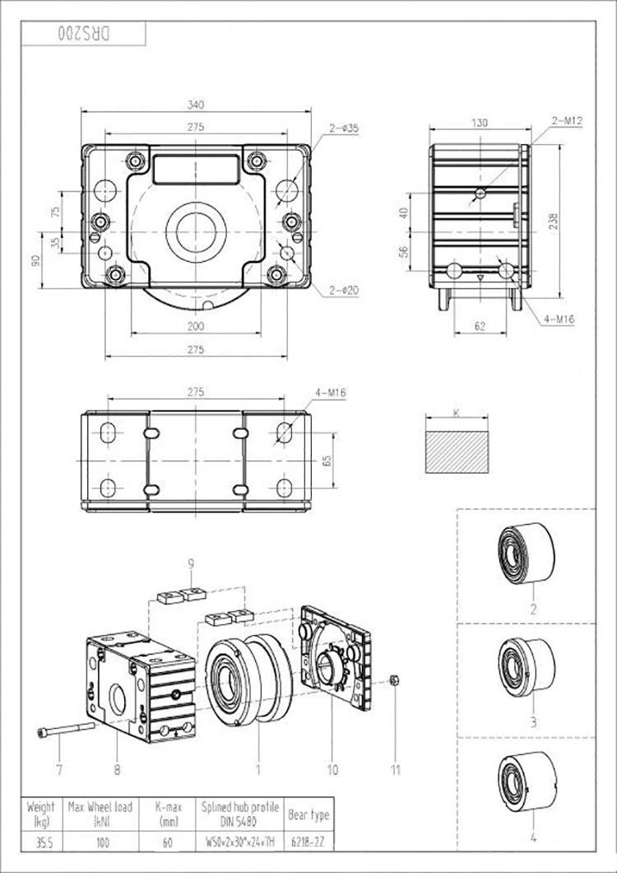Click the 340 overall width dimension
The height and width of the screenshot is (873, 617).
point(195,105)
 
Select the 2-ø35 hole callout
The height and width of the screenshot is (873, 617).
point(343,128)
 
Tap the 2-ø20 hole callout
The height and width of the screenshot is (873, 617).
point(344,289)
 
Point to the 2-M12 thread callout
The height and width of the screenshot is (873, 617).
point(567,120)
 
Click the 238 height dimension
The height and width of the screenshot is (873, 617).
point(554,221)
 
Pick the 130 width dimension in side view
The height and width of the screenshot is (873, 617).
point(480,123)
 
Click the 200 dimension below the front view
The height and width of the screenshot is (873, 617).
point(195,327)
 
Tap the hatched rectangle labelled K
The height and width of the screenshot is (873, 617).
point(455,443)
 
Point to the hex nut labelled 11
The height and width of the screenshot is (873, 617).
point(394,680)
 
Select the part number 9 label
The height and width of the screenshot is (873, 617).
point(191,564)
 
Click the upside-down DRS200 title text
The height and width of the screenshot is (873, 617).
point(86,35)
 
